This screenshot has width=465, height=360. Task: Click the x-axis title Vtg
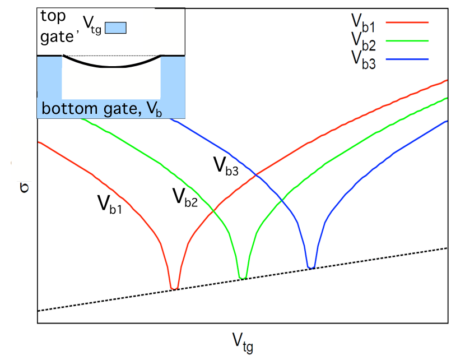point(243,340)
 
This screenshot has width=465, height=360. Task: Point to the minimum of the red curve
point(175,289)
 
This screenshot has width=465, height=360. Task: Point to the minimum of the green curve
point(243,278)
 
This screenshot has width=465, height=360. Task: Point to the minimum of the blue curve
point(311,267)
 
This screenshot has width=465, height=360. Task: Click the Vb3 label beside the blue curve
point(226,167)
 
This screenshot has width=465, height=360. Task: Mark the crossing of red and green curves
point(213,210)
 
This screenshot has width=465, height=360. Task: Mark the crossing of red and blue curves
point(255,176)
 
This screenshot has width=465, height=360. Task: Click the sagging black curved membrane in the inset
point(112,66)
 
